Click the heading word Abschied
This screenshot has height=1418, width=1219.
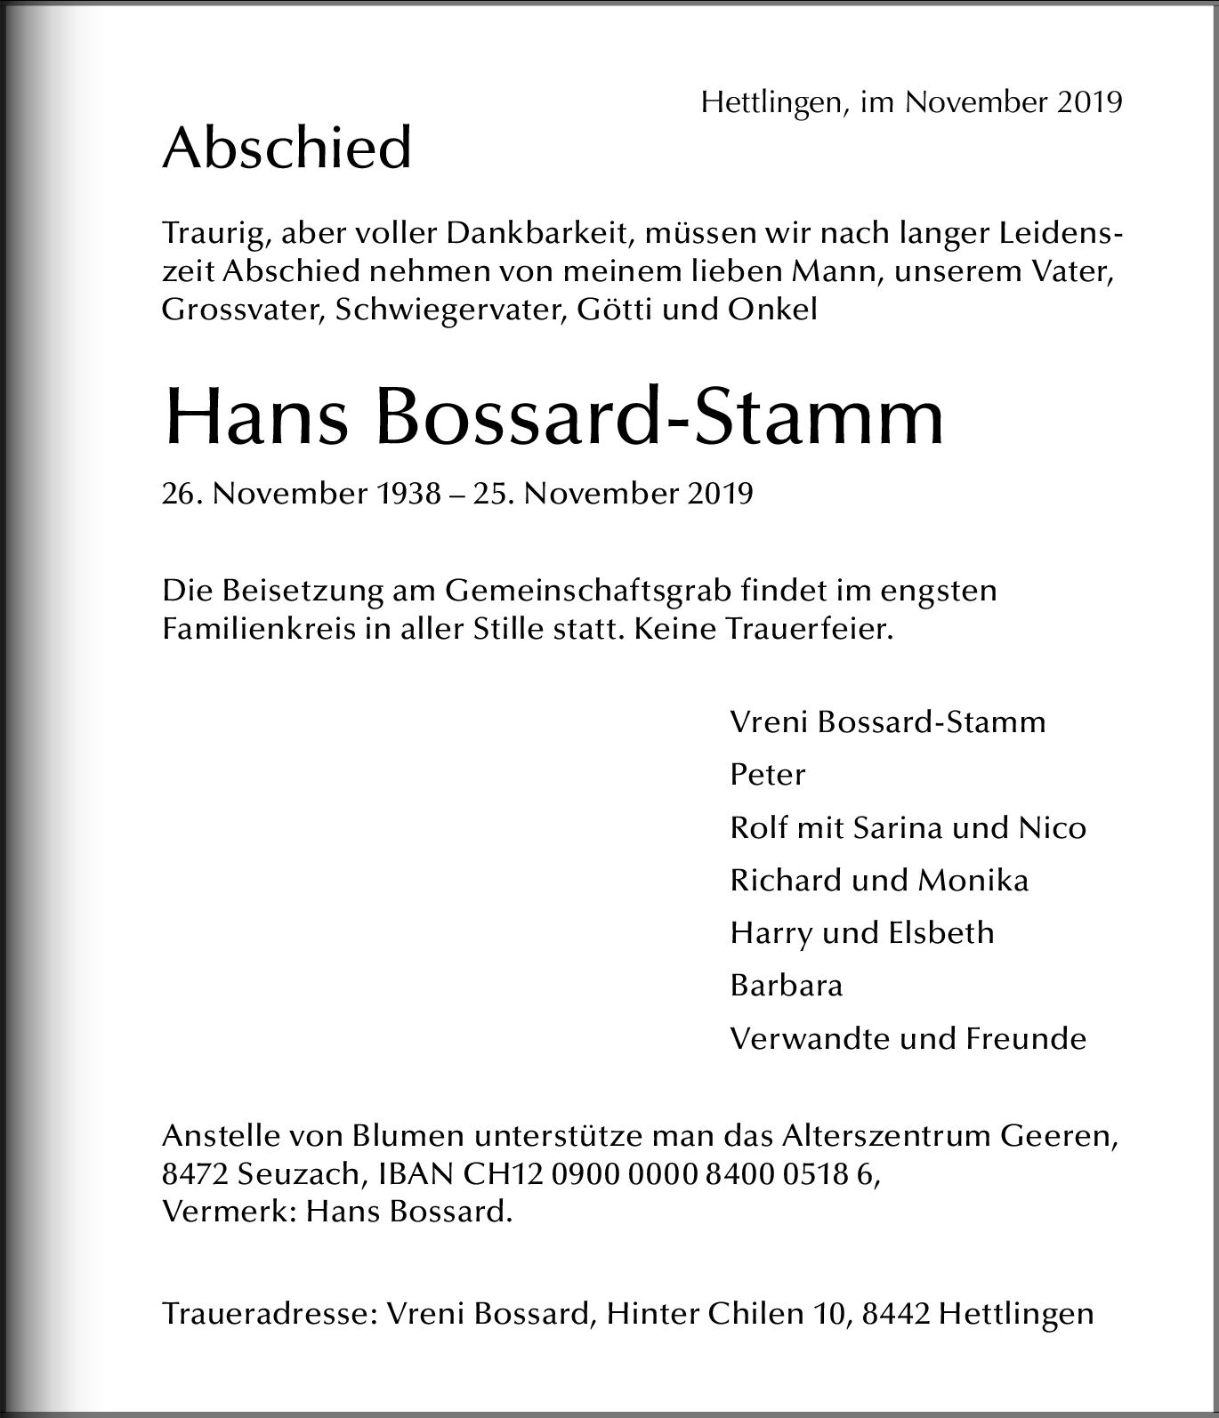click(x=287, y=148)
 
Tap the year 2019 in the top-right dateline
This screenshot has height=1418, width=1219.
click(x=1089, y=102)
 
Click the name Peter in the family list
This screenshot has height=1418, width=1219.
click(x=767, y=775)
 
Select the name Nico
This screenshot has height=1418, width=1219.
click(x=1052, y=828)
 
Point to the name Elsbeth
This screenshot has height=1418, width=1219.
click(x=940, y=933)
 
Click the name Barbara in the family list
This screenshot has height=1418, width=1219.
click(x=786, y=986)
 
